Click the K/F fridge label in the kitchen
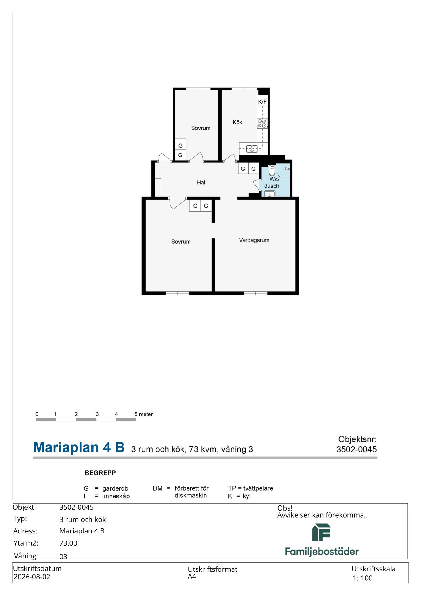point(262,102)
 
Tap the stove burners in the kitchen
point(262,123)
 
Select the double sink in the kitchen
point(252,149)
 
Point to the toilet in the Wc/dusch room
point(272,170)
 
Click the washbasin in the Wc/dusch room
point(270,194)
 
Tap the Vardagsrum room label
point(254,240)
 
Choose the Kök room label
point(237,122)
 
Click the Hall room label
point(202,182)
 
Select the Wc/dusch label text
point(272,183)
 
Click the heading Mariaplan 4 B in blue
point(79,447)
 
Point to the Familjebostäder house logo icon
point(321,533)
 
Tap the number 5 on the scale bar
point(136,414)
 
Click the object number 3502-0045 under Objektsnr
point(357,449)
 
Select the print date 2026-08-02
point(32,577)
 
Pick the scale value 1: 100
point(363,578)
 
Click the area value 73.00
point(68,543)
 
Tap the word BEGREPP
point(100,473)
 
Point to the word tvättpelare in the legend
point(258,488)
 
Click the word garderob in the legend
point(115,488)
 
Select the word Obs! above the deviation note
point(285,508)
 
